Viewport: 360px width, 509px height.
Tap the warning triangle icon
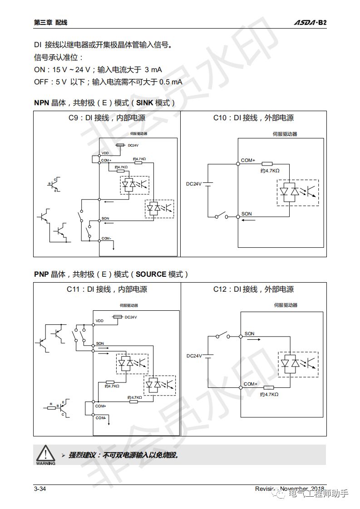tap(45, 453)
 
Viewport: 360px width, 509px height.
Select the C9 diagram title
tap(104, 118)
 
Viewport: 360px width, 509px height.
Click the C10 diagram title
tap(253, 118)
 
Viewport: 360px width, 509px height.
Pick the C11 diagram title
tap(104, 289)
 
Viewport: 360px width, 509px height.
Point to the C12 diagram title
tap(253, 289)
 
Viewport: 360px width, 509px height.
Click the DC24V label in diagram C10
tap(193, 184)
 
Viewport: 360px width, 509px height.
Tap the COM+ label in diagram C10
tap(248, 160)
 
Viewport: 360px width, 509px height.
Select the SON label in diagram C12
tap(249, 333)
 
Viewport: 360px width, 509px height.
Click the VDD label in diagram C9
tap(105, 153)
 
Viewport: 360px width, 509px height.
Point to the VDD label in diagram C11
tap(99, 321)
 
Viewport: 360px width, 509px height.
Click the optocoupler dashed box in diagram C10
tap(297, 193)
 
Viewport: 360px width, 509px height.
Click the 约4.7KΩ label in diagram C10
tap(270, 171)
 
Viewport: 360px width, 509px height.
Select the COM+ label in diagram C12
tap(251, 384)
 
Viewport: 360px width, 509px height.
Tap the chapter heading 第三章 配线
tap(47, 22)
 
